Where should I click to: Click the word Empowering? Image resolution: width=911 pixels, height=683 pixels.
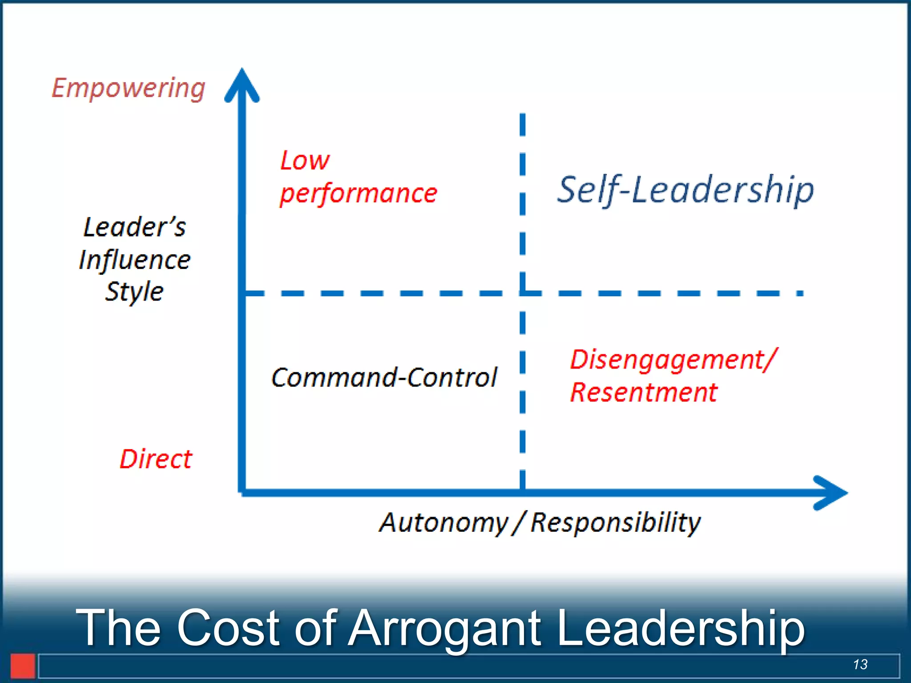(129, 88)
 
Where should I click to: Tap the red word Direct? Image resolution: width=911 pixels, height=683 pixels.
(156, 459)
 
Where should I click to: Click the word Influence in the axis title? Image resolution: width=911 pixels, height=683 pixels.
(134, 260)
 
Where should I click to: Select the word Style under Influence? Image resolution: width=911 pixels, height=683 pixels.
(134, 292)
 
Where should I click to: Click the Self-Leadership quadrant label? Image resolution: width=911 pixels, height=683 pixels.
(685, 190)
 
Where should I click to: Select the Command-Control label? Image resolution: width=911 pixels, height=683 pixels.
(384, 378)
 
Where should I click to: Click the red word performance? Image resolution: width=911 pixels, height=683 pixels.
(359, 193)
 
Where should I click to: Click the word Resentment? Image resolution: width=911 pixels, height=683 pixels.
(644, 393)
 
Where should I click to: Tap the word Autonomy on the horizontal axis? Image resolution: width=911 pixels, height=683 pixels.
(443, 522)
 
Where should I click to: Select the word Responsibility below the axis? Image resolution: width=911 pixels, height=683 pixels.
(616, 522)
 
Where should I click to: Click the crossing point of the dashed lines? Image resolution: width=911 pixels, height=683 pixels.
(523, 293)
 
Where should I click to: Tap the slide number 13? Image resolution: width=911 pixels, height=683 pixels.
(860, 664)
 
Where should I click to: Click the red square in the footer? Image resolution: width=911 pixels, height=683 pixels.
(23, 666)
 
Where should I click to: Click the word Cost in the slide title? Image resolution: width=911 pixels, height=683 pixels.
(228, 628)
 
